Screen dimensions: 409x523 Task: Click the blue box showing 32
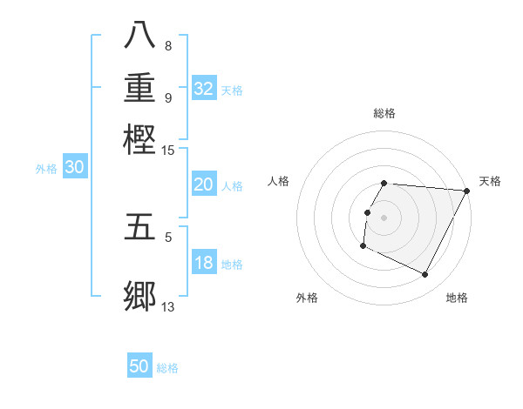(204, 89)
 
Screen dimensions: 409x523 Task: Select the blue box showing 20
(204, 184)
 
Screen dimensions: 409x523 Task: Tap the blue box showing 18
(204, 264)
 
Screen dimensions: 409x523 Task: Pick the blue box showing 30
(75, 168)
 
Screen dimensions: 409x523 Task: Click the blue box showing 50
(139, 366)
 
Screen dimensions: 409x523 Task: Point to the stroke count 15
(168, 151)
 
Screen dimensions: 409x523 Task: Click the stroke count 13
(168, 306)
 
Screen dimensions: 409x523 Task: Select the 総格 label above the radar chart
(384, 113)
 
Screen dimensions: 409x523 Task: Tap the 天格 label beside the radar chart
(490, 181)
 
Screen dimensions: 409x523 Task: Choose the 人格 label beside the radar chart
(278, 181)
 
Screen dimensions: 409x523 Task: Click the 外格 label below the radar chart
(307, 298)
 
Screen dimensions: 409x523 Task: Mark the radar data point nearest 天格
(466, 191)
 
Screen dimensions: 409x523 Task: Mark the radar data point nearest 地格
(425, 275)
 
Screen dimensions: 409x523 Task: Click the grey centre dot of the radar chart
(384, 217)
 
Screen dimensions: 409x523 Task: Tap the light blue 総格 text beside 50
(167, 368)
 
